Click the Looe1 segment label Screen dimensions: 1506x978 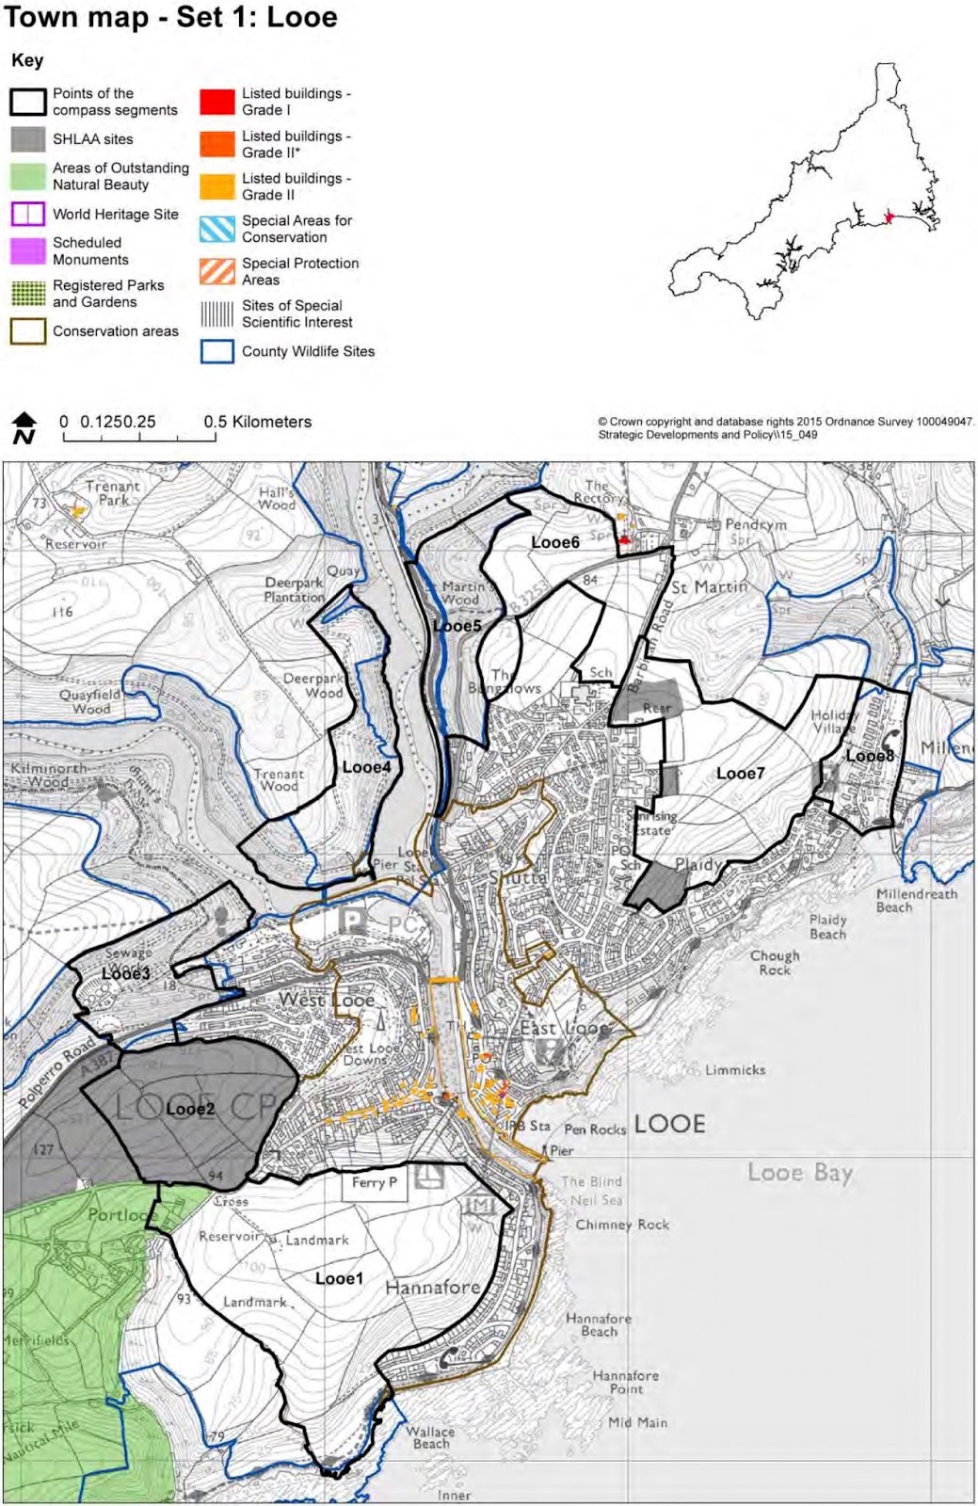coord(339,1278)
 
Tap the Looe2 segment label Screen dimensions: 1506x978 coord(190,1109)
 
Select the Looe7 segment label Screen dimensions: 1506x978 coord(740,773)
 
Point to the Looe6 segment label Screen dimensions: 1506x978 coord(555,542)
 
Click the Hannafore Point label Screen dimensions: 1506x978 coord(626,1382)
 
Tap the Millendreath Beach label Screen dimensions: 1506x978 coord(916,901)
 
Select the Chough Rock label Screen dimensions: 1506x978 coord(775,962)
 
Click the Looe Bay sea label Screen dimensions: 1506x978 coord(800,1173)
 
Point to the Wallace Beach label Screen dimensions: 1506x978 coord(430,1437)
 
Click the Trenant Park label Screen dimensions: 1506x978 coord(112,493)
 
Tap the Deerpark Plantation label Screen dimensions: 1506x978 coord(294,590)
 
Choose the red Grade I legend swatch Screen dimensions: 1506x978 coord(216,102)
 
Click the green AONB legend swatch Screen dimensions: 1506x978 coord(28,176)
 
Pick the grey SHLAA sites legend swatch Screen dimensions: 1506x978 coord(28,139)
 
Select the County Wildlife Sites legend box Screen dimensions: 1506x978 coord(216,351)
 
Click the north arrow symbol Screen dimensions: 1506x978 coord(24,427)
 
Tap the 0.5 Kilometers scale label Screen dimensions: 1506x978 coord(257,422)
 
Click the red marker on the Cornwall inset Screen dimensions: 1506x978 coord(889,217)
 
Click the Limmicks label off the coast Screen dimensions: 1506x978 coord(735,1070)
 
